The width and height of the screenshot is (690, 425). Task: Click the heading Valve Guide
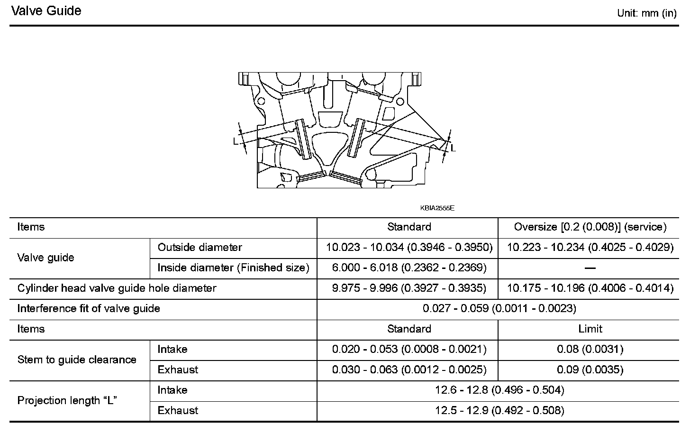click(46, 11)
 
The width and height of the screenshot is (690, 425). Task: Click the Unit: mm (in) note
click(646, 13)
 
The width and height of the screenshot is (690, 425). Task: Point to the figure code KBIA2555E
click(437, 208)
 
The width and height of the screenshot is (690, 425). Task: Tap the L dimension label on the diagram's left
click(236, 141)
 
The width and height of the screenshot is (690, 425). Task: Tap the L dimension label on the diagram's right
click(453, 148)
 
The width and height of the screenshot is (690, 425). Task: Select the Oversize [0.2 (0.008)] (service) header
click(590, 227)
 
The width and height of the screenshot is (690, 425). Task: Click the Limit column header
click(590, 329)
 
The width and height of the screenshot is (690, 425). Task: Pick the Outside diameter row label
click(200, 248)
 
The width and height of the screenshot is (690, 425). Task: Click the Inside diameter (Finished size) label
click(233, 268)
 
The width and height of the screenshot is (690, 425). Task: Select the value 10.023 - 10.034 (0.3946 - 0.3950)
click(409, 248)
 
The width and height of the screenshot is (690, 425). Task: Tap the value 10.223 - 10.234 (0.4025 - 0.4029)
click(590, 248)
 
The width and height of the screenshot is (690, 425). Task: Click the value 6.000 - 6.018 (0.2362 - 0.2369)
click(409, 268)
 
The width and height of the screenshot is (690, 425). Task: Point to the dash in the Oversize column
click(590, 268)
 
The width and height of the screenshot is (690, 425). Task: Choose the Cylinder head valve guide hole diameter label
click(117, 288)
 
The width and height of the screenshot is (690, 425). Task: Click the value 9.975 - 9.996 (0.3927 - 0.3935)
click(409, 288)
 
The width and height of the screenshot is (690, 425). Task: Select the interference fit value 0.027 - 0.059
click(499, 309)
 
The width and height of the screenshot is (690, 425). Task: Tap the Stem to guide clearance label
click(77, 360)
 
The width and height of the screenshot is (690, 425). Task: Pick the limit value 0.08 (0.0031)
click(590, 350)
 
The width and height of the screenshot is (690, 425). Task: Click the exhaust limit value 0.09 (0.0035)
click(590, 370)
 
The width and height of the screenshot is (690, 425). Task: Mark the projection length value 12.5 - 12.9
click(499, 411)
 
